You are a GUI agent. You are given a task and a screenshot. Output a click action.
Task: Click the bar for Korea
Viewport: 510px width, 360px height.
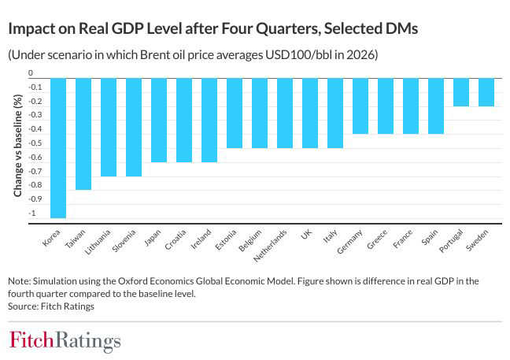pyautogui.click(x=59, y=147)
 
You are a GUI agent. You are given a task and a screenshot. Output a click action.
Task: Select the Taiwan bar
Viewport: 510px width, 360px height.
pyautogui.click(x=84, y=134)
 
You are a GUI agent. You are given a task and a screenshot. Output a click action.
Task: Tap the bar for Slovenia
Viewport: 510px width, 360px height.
pyautogui.click(x=135, y=127)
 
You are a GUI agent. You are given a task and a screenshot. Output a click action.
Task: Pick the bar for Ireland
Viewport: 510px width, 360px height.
pyautogui.click(x=209, y=120)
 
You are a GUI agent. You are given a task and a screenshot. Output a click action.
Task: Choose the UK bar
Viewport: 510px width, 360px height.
pyautogui.click(x=309, y=113)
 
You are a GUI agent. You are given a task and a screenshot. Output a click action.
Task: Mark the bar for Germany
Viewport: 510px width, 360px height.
pyautogui.click(x=360, y=106)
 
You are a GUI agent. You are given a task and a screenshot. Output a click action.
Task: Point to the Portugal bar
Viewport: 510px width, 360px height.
pyautogui.click(x=460, y=92)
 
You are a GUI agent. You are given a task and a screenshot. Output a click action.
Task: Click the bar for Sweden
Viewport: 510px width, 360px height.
pyautogui.click(x=486, y=92)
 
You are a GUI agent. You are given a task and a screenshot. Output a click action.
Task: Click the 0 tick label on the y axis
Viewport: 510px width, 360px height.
pyautogui.click(x=31, y=73)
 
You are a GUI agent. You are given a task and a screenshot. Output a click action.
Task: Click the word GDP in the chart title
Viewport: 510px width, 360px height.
pyautogui.click(x=142, y=28)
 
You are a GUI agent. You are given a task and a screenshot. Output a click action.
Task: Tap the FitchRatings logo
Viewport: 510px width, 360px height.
pyautogui.click(x=65, y=341)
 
